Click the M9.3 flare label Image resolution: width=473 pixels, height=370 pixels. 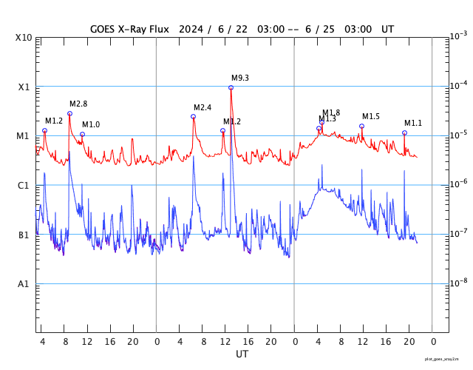coord(239,78)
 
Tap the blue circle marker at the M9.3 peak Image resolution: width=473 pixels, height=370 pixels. coord(231,87)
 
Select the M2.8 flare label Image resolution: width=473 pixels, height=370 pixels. coord(78,104)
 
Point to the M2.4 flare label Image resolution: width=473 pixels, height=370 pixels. coord(203,107)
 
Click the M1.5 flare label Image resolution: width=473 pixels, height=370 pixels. coord(370,116)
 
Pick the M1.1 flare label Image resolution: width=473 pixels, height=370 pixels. coord(412,123)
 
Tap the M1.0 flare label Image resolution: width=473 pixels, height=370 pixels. coord(90,124)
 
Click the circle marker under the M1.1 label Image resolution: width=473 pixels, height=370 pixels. coord(404,132)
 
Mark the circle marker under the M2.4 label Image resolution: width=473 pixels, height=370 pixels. coord(194,116)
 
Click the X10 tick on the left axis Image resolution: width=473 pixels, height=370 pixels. coord(24,38)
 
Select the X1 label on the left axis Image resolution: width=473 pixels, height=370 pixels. coord(24,87)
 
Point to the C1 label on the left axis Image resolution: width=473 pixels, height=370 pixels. coord(24,186)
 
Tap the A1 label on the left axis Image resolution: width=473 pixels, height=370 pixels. coord(24,284)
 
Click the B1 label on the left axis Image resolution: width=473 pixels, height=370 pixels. coord(24,235)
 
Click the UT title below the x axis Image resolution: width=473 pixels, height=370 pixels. coord(242,354)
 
